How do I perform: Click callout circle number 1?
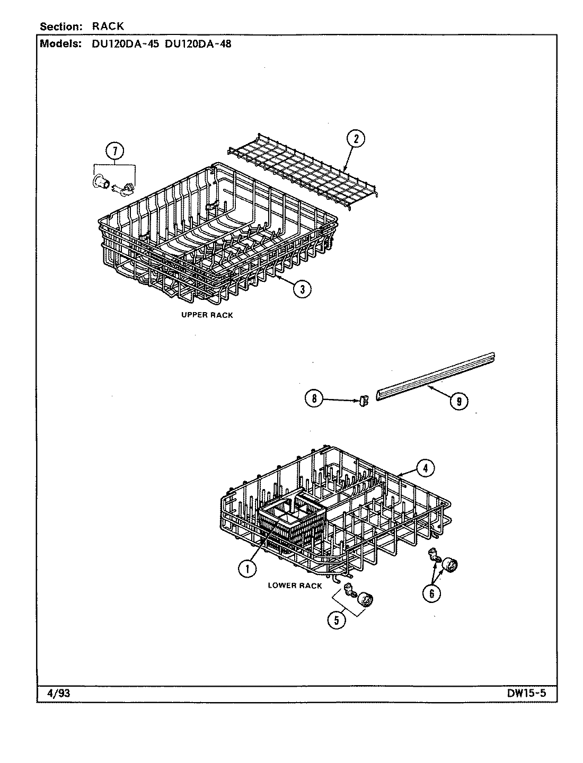[245, 569]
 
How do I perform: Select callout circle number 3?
[302, 288]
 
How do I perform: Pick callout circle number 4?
[426, 468]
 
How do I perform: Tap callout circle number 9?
[458, 402]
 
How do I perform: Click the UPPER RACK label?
[207, 315]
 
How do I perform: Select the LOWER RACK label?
[295, 585]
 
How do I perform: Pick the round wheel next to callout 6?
[450, 565]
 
